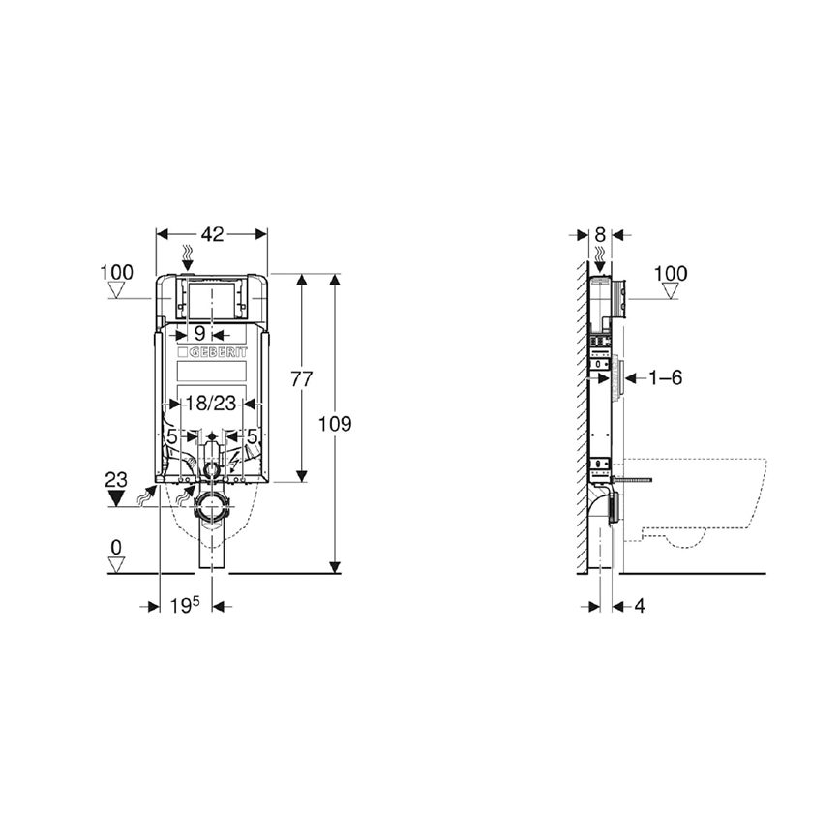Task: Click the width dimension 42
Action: [212, 234]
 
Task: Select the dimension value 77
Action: [302, 379]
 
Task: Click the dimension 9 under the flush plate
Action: [212, 331]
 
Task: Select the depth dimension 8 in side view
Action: [600, 234]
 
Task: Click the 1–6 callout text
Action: [664, 377]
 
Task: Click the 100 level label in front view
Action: [116, 273]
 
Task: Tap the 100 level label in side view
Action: [670, 274]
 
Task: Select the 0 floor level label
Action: [116, 548]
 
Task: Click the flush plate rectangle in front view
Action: [212, 302]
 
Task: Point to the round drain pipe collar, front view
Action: [212, 506]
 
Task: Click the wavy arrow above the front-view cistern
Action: [189, 257]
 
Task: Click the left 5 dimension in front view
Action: [171, 436]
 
